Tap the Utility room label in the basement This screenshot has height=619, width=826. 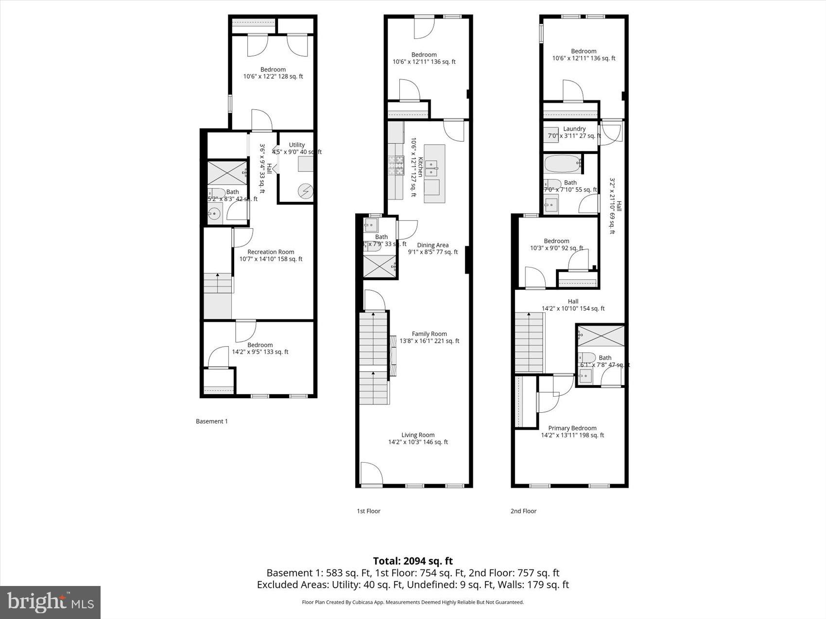click(297, 145)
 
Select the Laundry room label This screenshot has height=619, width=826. click(574, 129)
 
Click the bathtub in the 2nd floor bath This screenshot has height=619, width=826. click(563, 164)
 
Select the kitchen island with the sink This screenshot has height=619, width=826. click(434, 173)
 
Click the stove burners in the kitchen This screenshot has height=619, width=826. click(396, 165)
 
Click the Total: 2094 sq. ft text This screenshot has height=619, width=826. click(413, 561)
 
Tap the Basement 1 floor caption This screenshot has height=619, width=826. click(211, 421)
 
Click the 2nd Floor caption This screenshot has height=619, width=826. click(523, 511)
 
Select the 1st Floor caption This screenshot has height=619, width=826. click(368, 511)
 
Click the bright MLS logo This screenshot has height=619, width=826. click(51, 602)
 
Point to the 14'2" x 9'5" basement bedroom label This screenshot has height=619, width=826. click(260, 349)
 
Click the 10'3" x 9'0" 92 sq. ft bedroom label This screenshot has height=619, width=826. click(556, 244)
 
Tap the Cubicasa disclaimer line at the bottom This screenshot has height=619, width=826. click(413, 602)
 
